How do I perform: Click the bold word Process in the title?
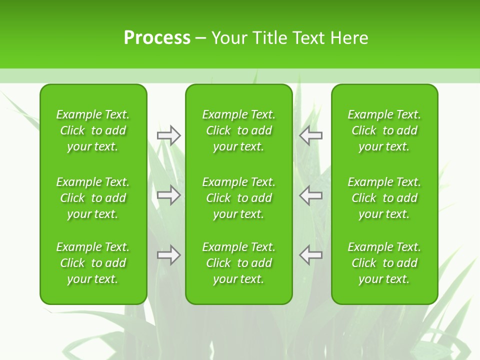point(157,38)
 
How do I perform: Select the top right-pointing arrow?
point(168,135)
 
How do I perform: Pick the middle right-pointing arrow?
point(168,195)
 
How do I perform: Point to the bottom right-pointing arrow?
point(168,255)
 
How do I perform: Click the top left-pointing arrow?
point(311,135)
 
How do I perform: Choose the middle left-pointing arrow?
point(311,195)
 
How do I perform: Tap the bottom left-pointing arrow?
point(311,255)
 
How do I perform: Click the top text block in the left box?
point(93,130)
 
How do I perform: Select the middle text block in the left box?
point(93,198)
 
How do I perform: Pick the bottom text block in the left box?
point(93,263)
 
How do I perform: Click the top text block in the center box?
point(239,130)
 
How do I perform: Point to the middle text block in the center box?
point(239,198)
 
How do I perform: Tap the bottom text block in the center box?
point(239,263)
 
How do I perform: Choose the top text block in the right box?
point(384,130)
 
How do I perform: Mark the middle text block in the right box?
point(384,198)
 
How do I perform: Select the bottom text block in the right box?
point(384,263)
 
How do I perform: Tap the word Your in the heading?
point(228,38)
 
